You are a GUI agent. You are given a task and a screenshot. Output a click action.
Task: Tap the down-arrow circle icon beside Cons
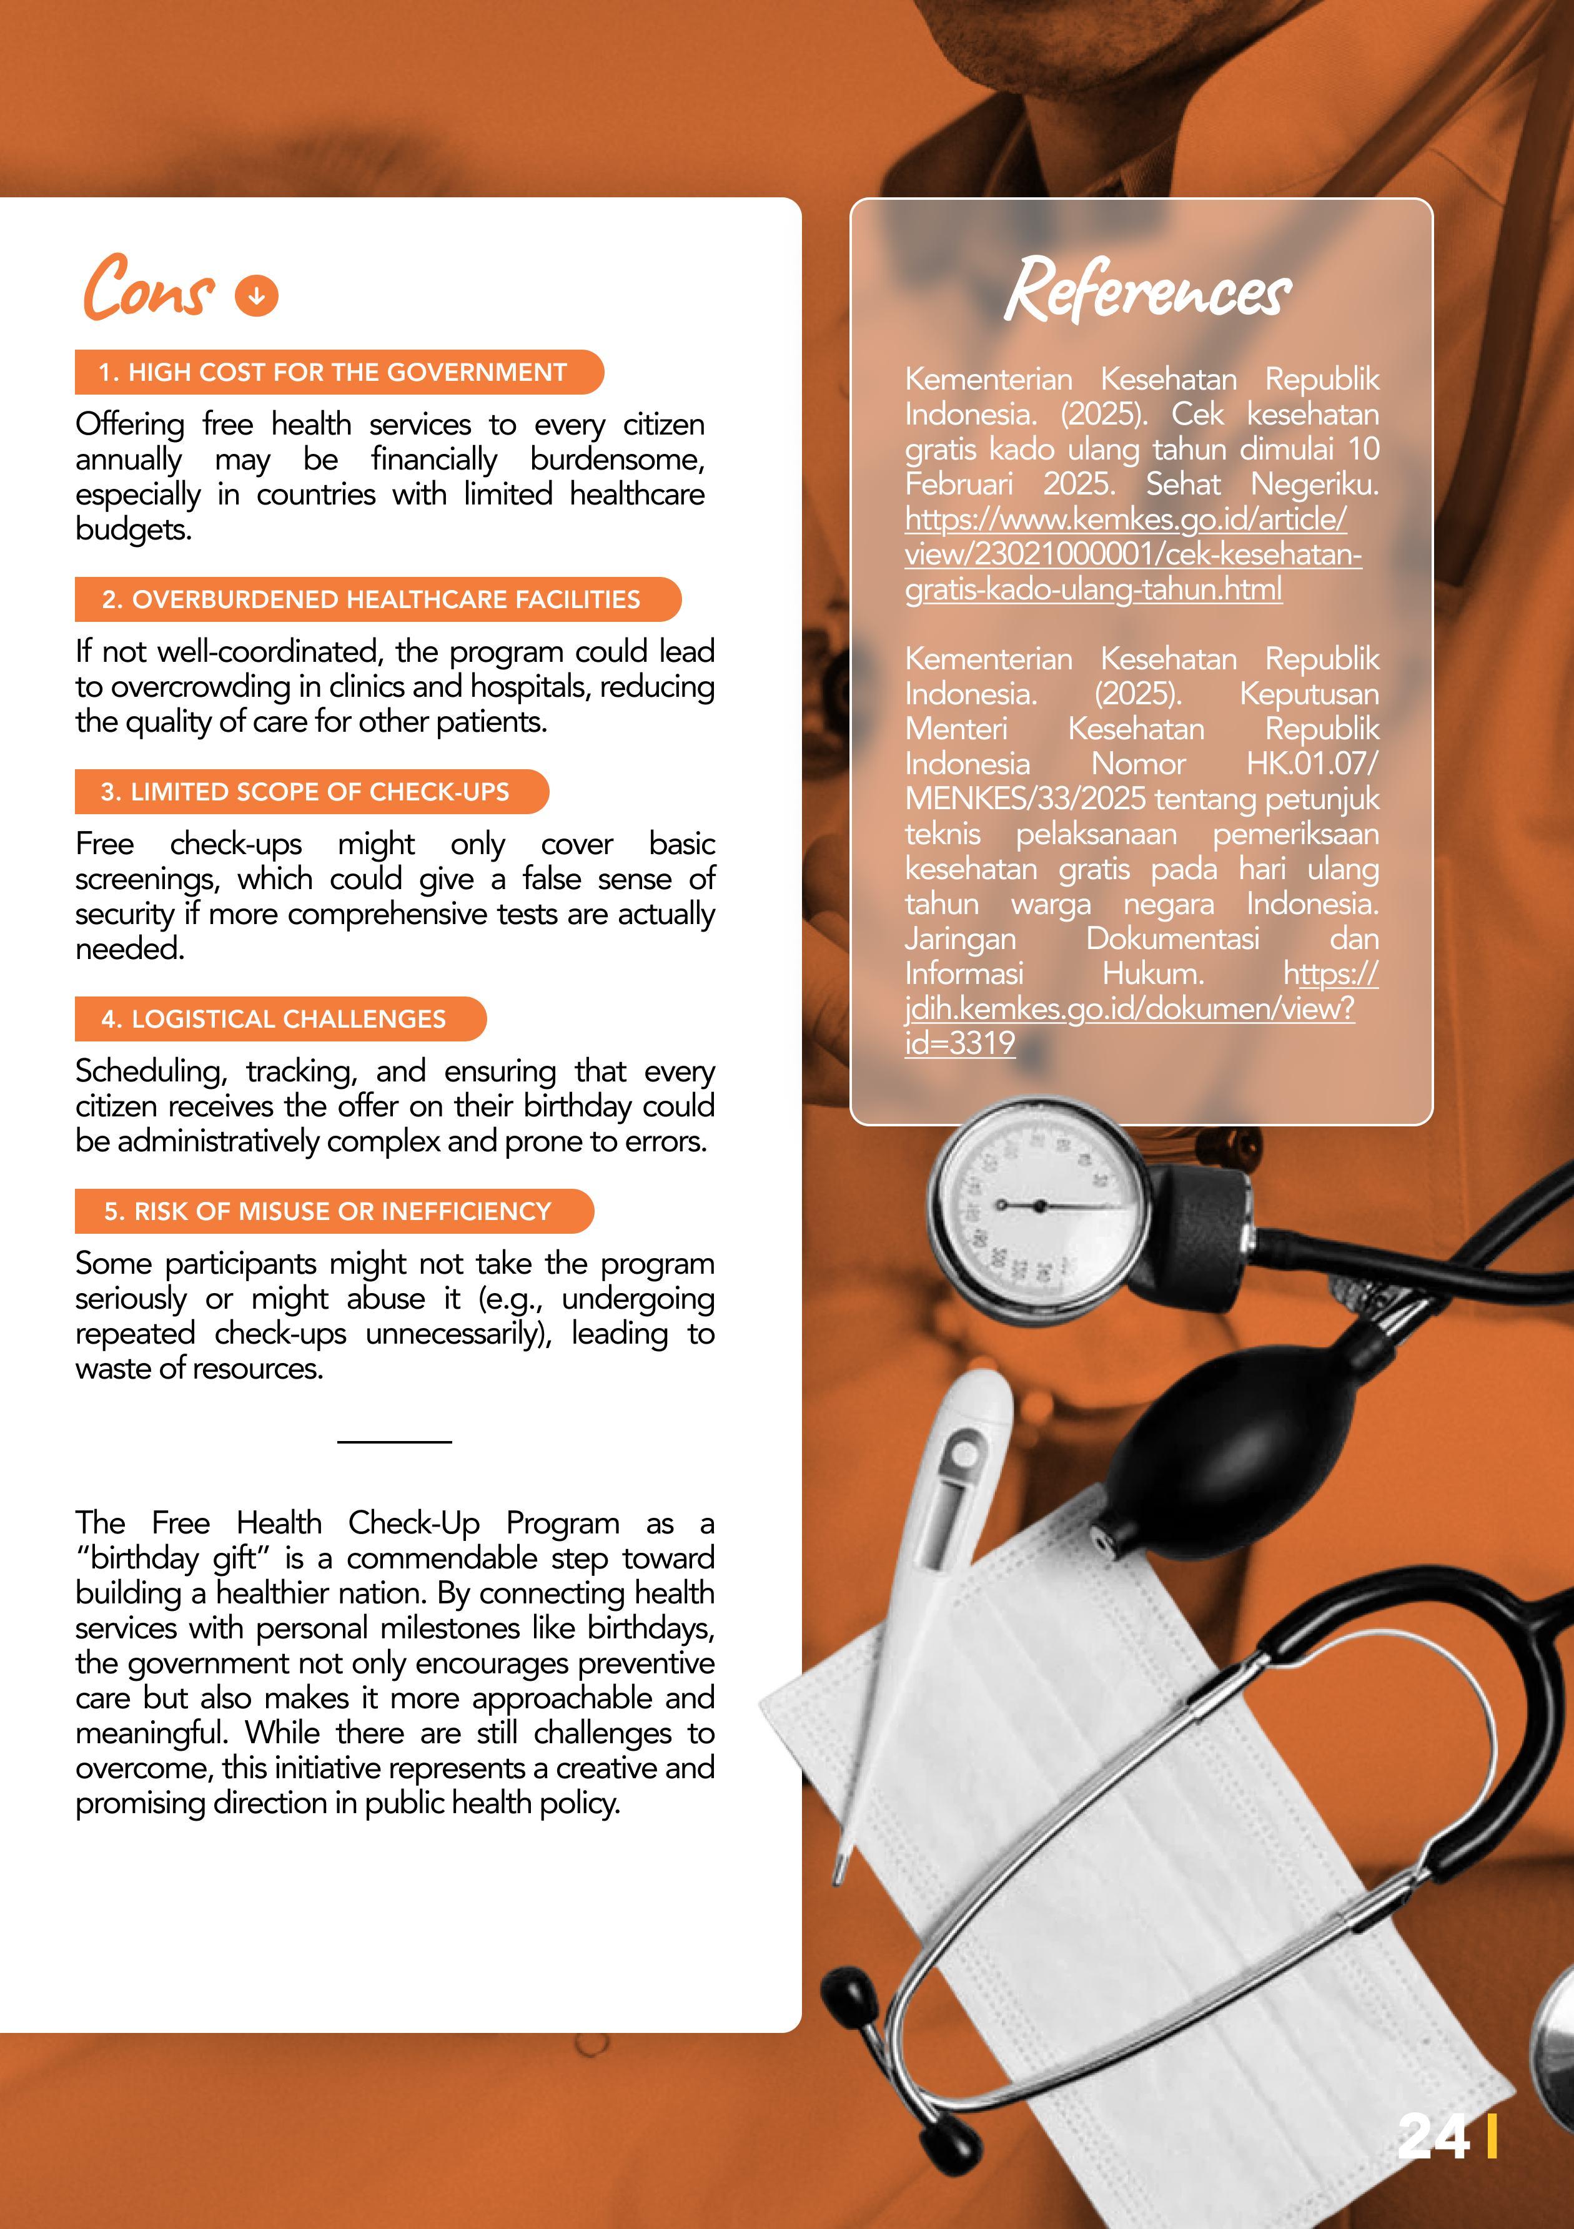point(256,295)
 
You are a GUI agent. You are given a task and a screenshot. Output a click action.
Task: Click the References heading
point(1148,289)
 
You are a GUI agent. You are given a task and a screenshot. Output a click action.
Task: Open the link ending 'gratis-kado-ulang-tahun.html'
point(1093,589)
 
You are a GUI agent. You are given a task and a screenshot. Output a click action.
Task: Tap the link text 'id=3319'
point(959,1043)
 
